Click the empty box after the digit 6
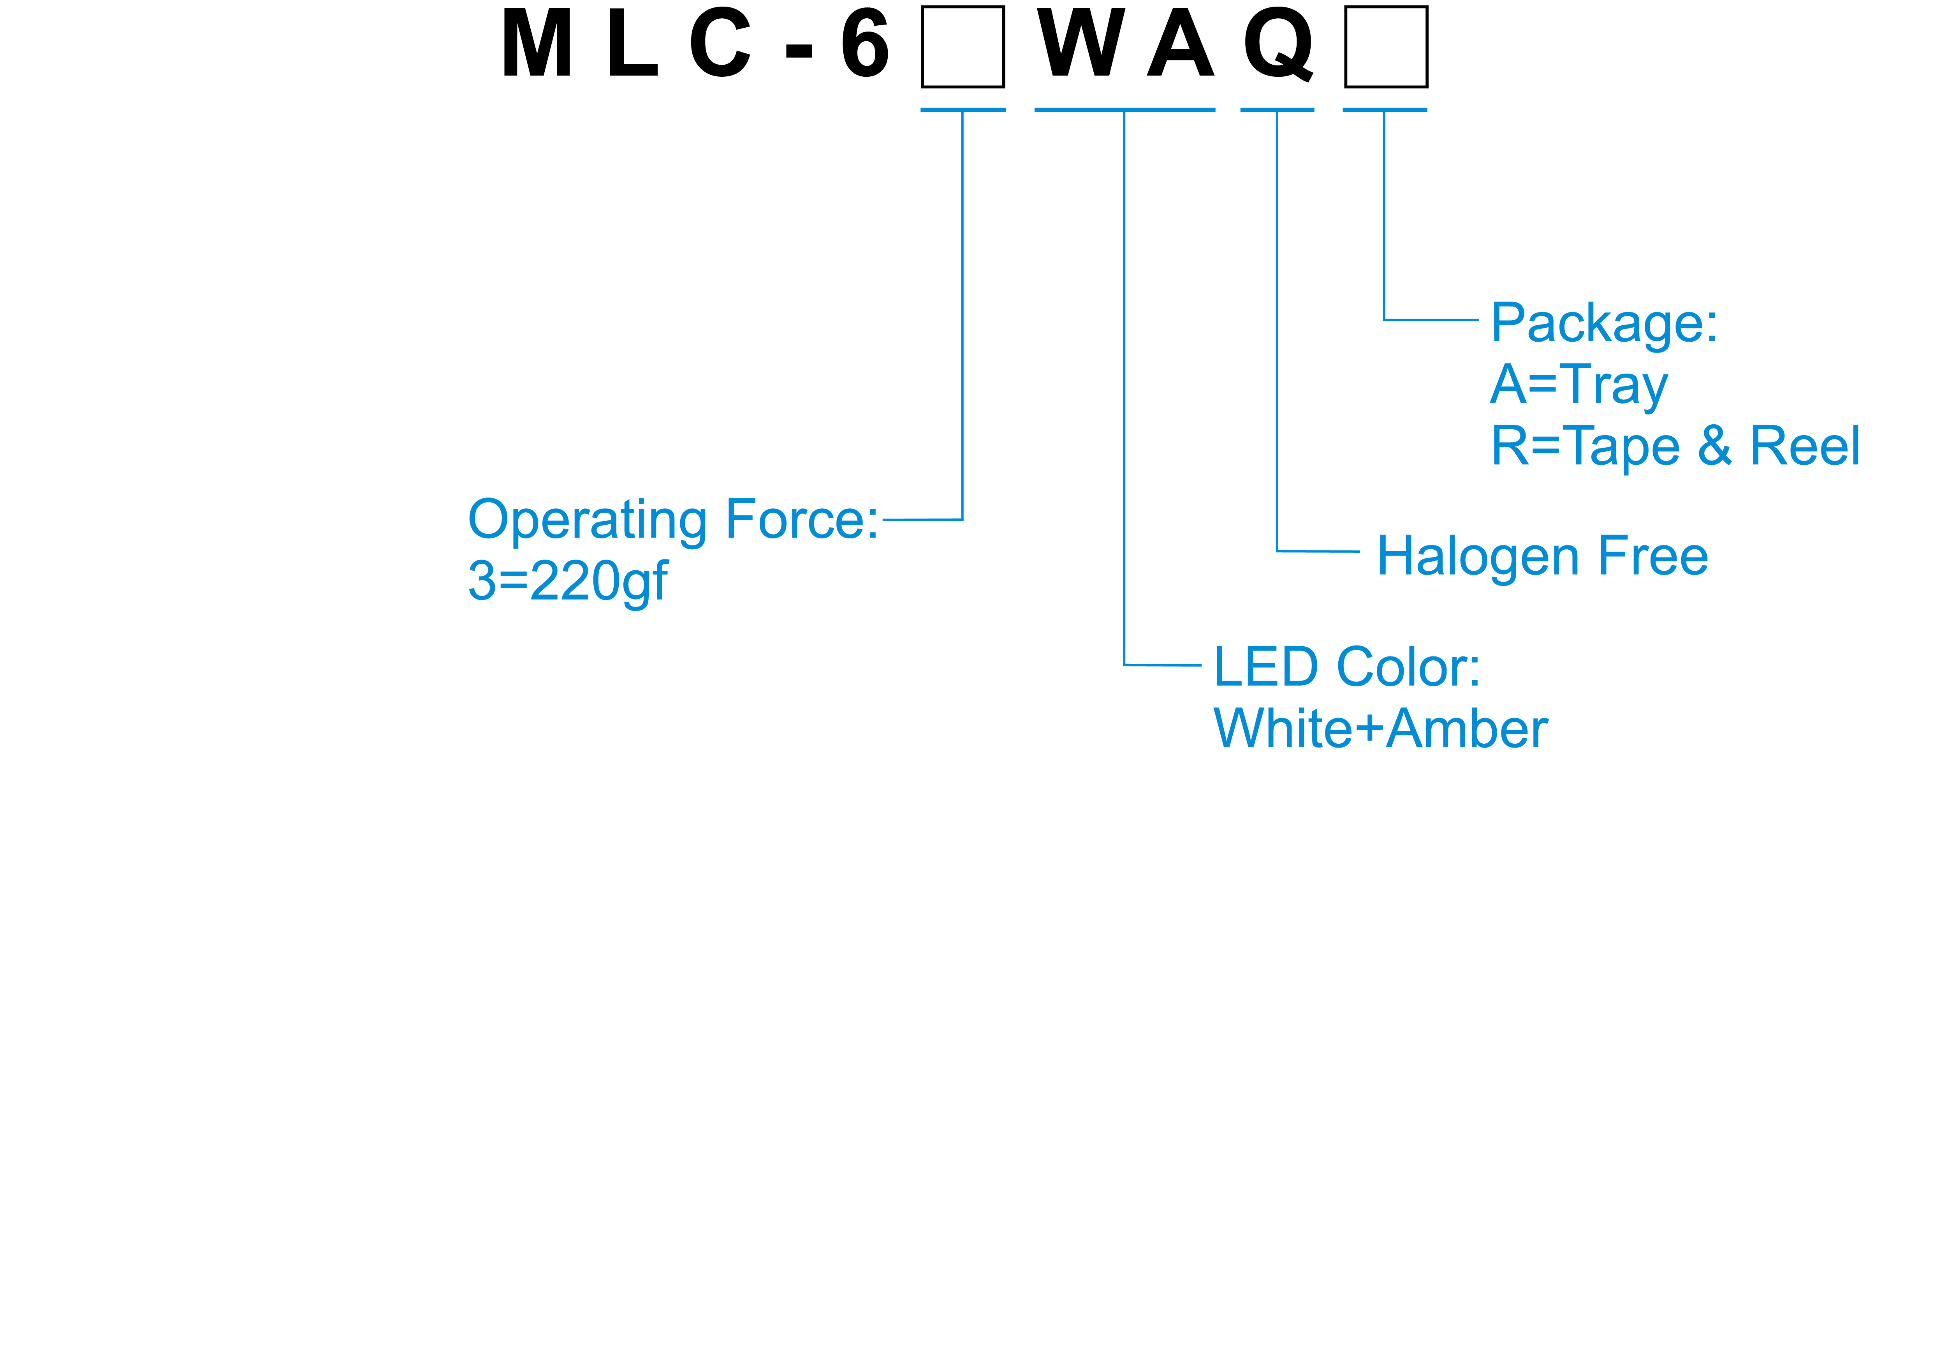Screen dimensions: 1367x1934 point(963,46)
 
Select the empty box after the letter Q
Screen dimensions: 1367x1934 point(1386,46)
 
